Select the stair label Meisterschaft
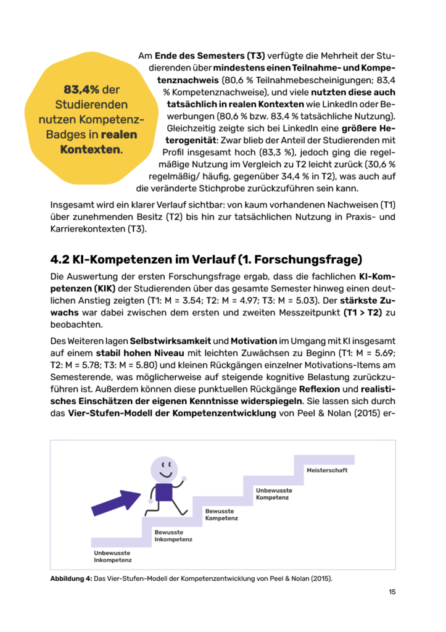327,470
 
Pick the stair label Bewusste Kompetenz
222,514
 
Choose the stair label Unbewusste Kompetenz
275,493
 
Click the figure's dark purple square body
163,493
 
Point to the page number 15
392,592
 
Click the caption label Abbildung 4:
70,578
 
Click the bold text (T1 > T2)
361,314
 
